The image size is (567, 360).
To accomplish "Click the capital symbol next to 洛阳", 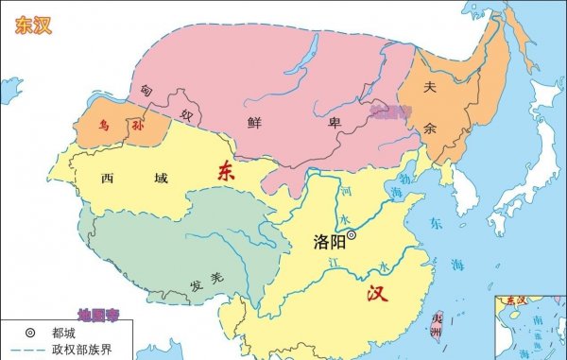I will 351,234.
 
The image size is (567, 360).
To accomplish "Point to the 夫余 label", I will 432,105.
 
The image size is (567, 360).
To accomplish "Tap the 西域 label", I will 125,178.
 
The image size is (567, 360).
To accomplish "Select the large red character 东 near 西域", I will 227,171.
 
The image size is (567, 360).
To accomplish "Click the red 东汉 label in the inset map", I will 518,300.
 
